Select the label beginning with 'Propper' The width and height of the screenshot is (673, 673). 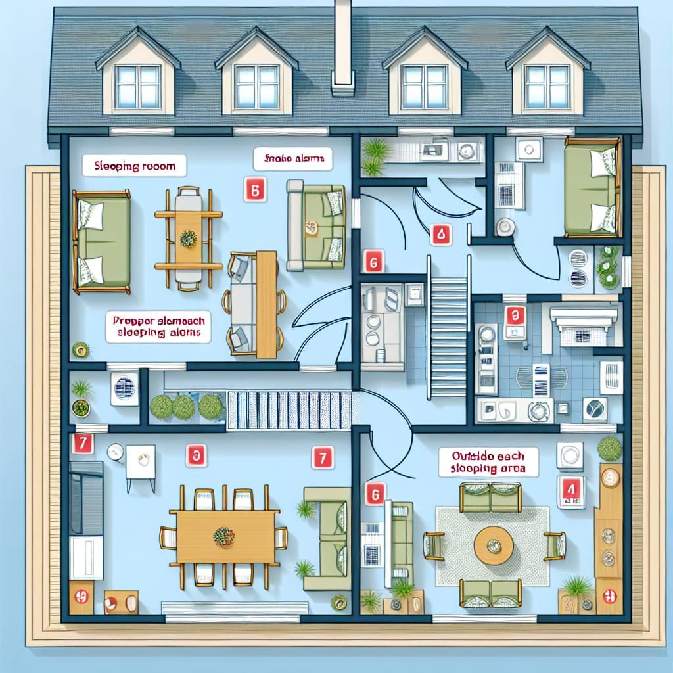(158, 326)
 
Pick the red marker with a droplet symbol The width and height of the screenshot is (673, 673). (440, 233)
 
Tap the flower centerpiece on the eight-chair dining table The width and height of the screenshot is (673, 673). (224, 536)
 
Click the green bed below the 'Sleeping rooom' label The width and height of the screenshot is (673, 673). (102, 241)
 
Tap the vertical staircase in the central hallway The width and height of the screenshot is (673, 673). (449, 335)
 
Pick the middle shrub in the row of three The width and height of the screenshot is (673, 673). (183, 407)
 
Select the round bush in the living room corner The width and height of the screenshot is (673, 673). (609, 449)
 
